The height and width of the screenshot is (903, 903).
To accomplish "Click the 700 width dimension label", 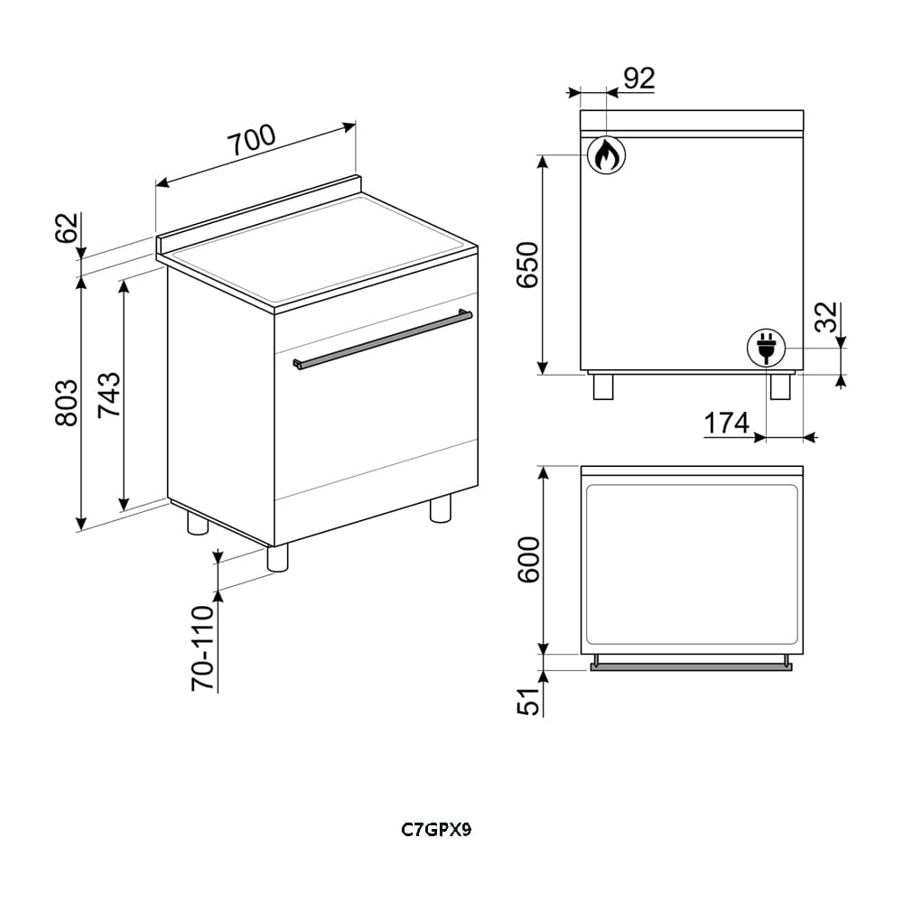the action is coord(252,141).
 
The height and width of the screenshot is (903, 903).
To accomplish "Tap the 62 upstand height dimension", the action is coord(67,228).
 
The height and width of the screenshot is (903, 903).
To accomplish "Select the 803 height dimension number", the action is coord(67,403).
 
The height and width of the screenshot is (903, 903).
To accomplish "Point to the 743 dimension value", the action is coord(109,396).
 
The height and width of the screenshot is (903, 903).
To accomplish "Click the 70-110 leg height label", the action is coord(202,647).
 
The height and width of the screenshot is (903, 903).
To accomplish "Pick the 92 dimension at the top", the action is coord(639,79).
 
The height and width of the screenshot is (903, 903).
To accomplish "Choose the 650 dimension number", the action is coord(527,265).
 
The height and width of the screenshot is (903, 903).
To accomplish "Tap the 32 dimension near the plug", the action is coord(827,317).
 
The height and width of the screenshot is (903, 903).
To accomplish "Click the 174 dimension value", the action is coord(727,423).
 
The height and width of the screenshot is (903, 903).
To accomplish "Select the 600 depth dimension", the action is coord(528,560).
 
